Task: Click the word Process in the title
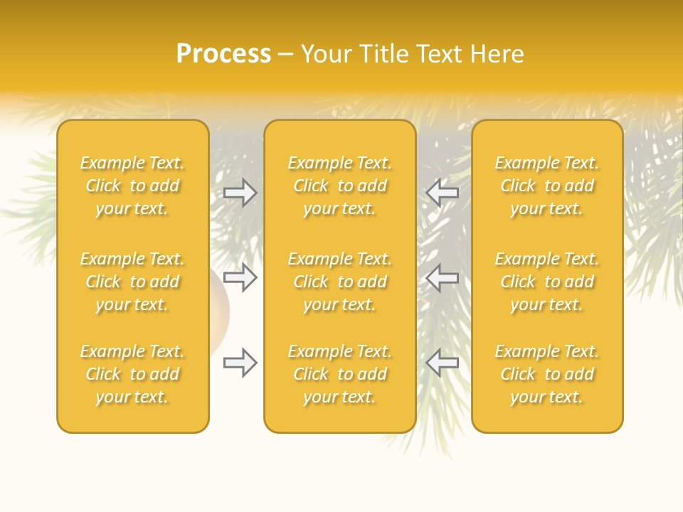(223, 54)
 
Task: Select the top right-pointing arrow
(240, 192)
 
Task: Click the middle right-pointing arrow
(240, 277)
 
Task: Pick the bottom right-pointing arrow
(240, 363)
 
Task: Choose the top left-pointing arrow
(443, 192)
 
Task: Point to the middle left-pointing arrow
(443, 277)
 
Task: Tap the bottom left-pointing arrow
(443, 363)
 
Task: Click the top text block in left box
(132, 186)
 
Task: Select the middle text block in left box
(132, 282)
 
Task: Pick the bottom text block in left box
(132, 374)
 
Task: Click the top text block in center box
(339, 186)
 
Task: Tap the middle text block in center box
(339, 282)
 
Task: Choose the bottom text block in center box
(339, 374)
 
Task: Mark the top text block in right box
(547, 186)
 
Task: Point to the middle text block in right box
(547, 282)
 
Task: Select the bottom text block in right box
(547, 374)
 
